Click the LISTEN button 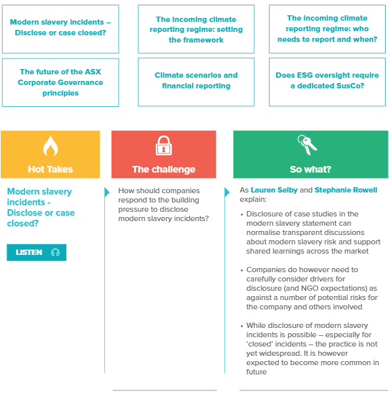point(37,252)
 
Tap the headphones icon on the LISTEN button point(55,252)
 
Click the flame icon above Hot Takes point(50,146)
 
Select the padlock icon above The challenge point(163,145)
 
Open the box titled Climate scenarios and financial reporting point(196,81)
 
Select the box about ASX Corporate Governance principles point(60,82)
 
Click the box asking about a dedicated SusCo point(328,81)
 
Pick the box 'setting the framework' point(196,30)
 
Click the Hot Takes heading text point(50,169)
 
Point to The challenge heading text point(163,169)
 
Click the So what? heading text point(310,169)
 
